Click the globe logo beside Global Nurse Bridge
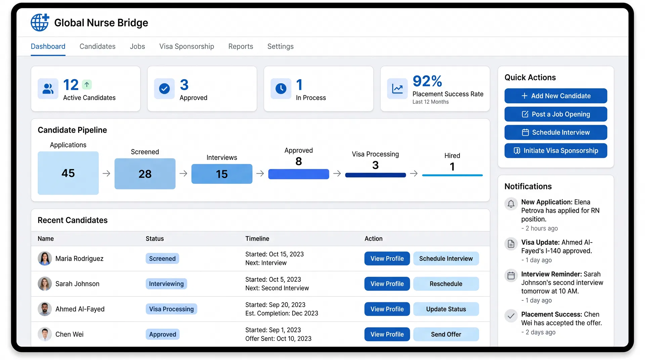(x=40, y=22)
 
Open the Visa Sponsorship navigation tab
(x=186, y=46)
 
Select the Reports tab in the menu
(x=241, y=46)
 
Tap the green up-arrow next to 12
(x=87, y=85)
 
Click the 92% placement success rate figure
(x=427, y=81)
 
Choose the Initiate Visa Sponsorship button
(x=556, y=151)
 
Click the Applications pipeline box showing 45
(x=68, y=173)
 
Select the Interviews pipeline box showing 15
(x=222, y=174)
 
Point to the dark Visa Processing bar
(x=375, y=175)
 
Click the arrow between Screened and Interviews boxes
(x=183, y=173)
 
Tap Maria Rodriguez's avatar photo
(x=45, y=259)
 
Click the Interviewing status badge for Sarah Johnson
(x=166, y=284)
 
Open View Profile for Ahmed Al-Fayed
(x=387, y=309)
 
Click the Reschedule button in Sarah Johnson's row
(x=446, y=284)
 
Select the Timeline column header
(x=257, y=238)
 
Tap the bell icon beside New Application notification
(x=511, y=204)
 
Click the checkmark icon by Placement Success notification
(x=511, y=316)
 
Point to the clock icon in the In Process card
(x=281, y=89)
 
